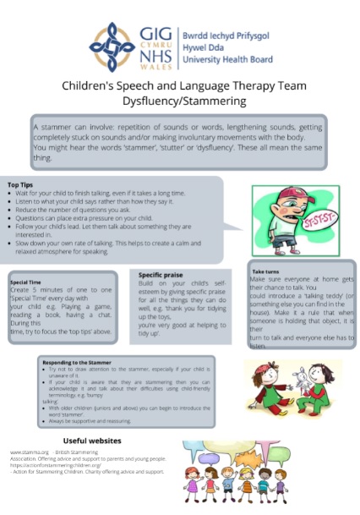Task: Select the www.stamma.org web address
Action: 29,454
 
